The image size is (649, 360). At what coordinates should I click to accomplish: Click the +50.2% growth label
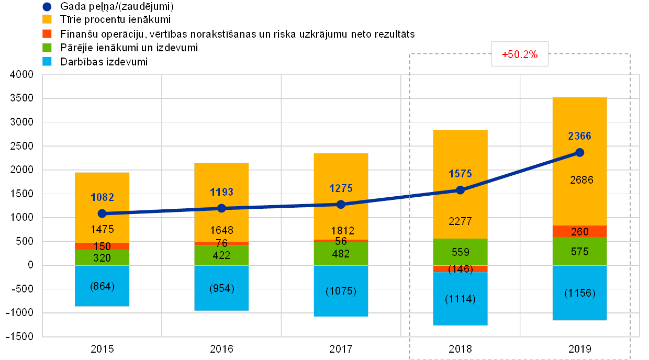pos(520,54)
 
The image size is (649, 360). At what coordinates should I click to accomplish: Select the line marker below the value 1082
pos(102,213)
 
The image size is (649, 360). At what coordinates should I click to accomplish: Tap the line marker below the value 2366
pos(579,152)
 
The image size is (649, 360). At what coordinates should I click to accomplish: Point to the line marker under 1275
pos(341,204)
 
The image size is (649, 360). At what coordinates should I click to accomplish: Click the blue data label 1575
pos(460,174)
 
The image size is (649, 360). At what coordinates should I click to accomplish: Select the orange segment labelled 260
pos(579,232)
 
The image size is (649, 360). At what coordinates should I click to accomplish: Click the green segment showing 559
pos(460,252)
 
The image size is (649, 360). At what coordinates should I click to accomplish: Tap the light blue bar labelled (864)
pos(102,286)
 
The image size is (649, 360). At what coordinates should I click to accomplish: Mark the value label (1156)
pos(579,293)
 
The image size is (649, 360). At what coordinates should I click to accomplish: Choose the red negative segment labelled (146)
pos(460,269)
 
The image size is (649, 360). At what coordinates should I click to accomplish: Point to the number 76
pos(221,243)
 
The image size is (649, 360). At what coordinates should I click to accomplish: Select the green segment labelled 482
pos(341,253)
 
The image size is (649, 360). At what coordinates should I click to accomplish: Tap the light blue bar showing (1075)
pos(341,291)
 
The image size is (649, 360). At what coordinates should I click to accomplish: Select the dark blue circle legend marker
pos(47,7)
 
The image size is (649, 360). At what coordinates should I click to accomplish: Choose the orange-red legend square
pos(47,34)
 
